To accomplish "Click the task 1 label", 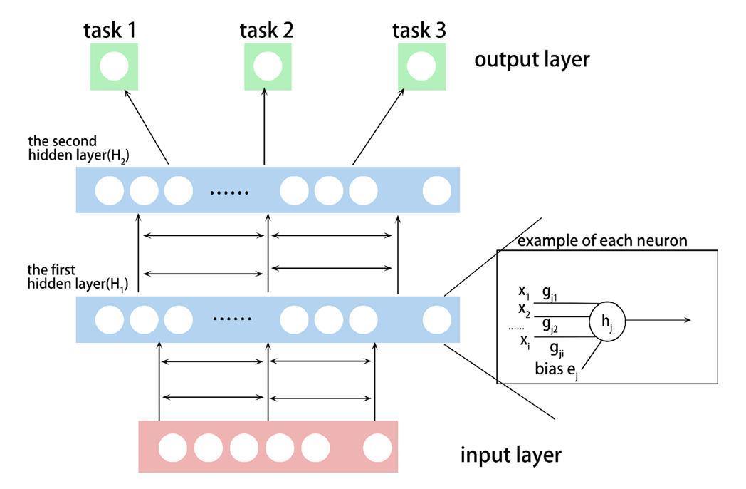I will tap(112, 30).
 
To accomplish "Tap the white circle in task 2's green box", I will tap(268, 66).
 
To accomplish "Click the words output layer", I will tap(532, 59).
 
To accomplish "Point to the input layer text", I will tap(510, 454).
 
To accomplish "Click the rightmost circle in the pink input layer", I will tap(377, 448).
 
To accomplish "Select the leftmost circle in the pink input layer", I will tap(172, 448).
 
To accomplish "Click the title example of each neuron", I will tap(602, 241).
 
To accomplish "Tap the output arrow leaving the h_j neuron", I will tap(658, 320).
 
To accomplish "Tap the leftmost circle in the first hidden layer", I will tap(110, 319).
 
